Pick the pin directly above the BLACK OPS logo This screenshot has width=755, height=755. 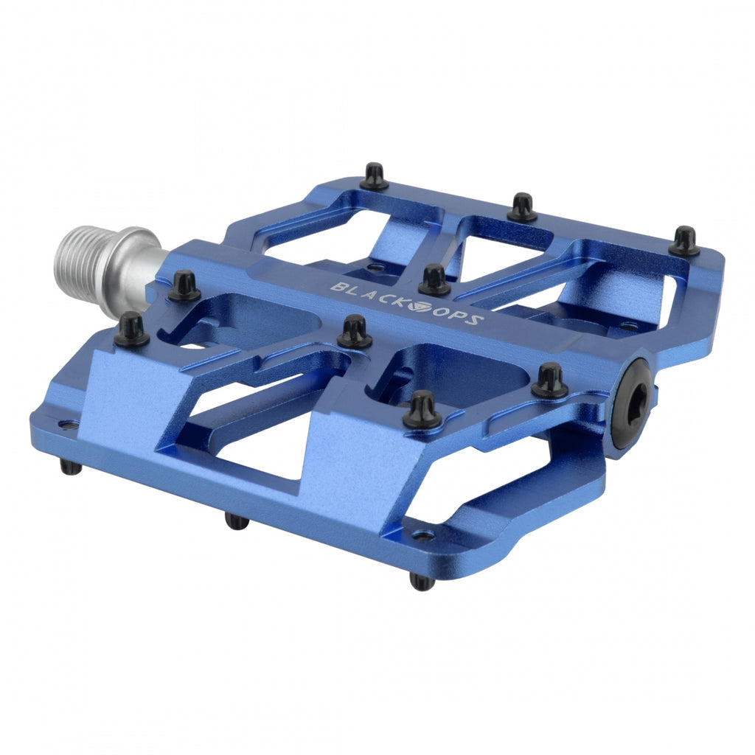click(x=434, y=280)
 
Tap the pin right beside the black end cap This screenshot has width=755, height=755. click(x=550, y=380)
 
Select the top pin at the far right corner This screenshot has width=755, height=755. click(x=684, y=241)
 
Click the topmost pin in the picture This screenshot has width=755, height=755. click(x=374, y=176)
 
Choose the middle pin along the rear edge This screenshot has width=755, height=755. click(x=522, y=207)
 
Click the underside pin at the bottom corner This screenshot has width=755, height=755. click(x=422, y=582)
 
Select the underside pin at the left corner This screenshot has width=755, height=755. click(x=71, y=467)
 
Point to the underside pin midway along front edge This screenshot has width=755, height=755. click(x=237, y=521)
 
